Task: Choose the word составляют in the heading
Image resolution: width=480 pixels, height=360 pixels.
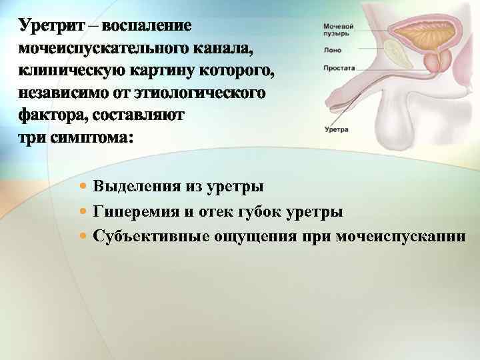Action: coord(144,116)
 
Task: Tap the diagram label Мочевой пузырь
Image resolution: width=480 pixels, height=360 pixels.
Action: coord(339,29)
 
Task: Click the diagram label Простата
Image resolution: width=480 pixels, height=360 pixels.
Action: coord(339,67)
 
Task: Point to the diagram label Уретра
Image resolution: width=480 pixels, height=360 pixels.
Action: coord(335,130)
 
